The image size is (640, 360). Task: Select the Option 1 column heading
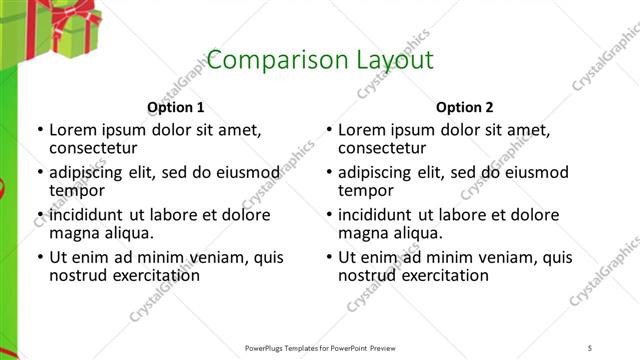pyautogui.click(x=176, y=107)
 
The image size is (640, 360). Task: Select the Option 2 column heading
pyautogui.click(x=465, y=107)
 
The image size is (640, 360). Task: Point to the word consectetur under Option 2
pyautogui.click(x=381, y=148)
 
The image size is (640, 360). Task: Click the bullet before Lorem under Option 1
pyautogui.click(x=40, y=130)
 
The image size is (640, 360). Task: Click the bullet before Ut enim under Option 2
pyautogui.click(x=329, y=257)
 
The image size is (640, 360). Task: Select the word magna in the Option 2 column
pyautogui.click(x=362, y=233)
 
